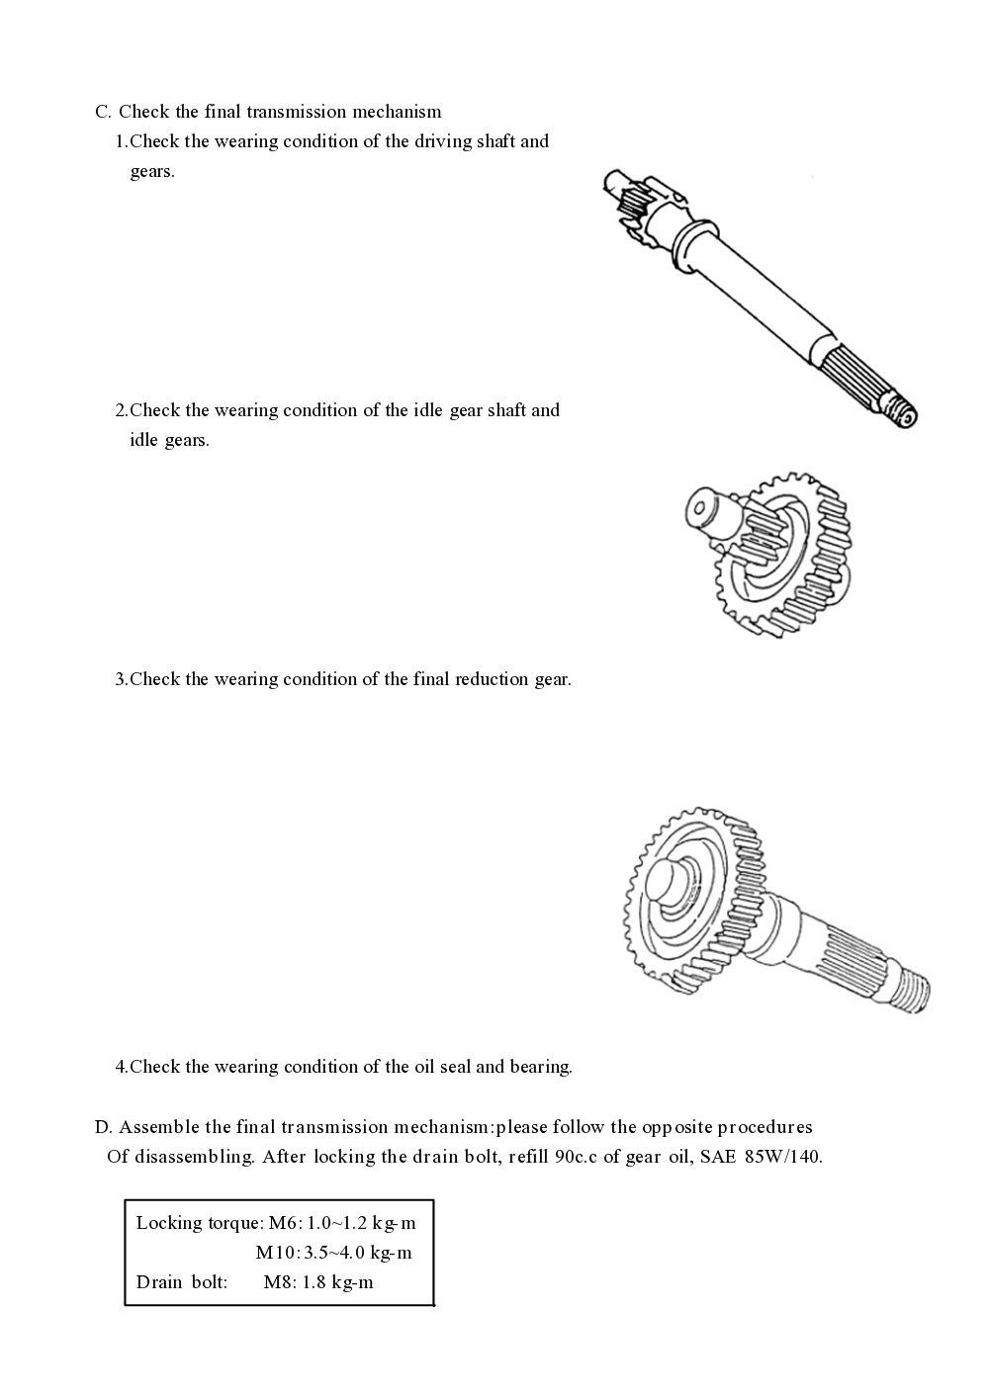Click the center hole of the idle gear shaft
(x=700, y=508)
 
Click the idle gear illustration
(x=781, y=554)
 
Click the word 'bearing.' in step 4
(x=541, y=1067)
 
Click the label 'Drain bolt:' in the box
(x=182, y=1282)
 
